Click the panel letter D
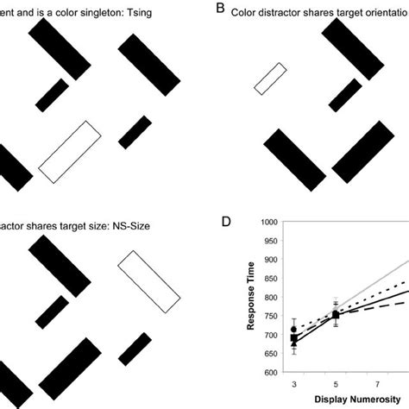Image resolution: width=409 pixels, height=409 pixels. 225,222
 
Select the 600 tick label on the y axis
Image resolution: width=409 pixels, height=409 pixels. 270,372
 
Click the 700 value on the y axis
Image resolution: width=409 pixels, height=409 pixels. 270,334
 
